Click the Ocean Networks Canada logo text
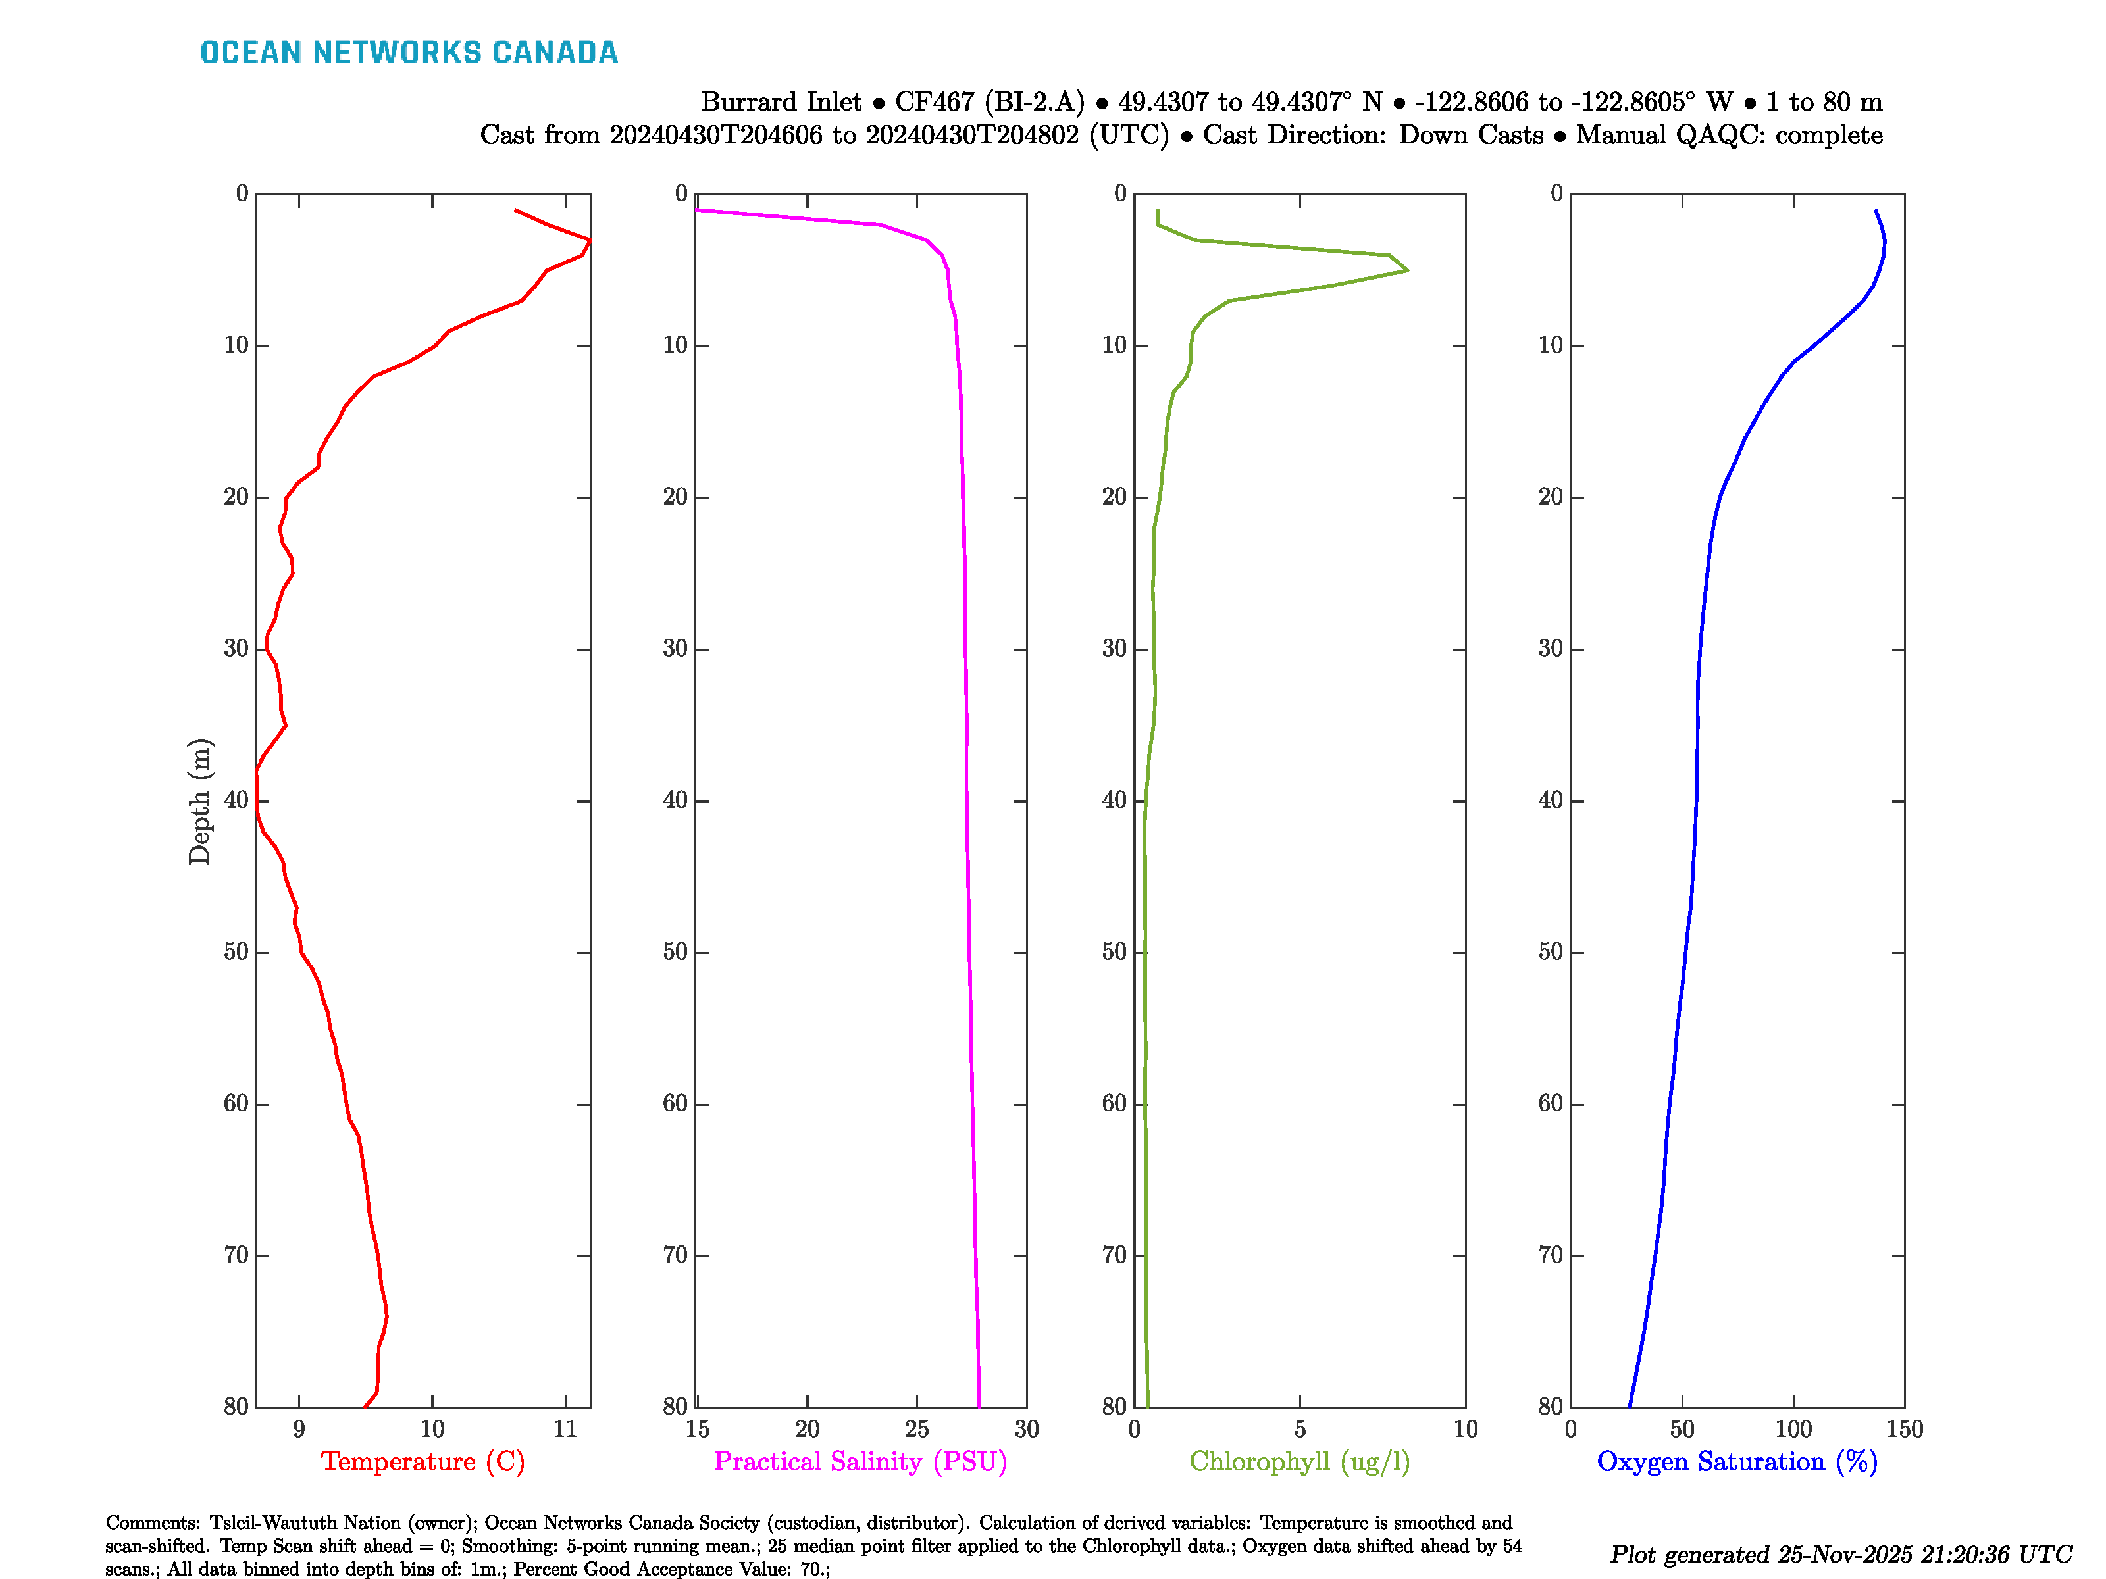point(409,53)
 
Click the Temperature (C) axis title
point(423,1461)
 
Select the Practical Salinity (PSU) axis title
point(860,1461)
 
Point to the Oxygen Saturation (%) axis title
point(1737,1461)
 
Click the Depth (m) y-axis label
point(199,801)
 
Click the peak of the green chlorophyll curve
point(1406,270)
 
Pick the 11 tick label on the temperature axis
point(565,1428)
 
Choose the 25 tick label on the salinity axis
point(916,1428)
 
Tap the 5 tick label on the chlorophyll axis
point(1300,1428)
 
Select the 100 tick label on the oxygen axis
point(1793,1428)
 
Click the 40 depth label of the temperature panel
point(236,801)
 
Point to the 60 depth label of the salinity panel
point(675,1104)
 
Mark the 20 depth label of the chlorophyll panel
point(1114,497)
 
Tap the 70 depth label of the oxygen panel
point(1551,1255)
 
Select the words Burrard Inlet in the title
point(781,102)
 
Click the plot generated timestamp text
point(1840,1553)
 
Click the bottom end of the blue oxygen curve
point(1630,1406)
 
